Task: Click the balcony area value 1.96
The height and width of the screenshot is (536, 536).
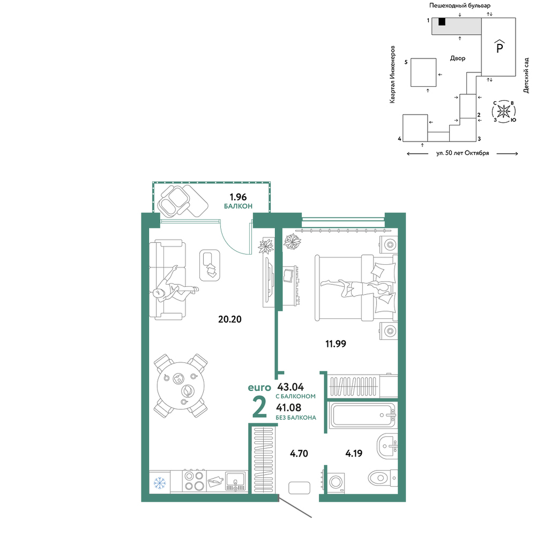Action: (x=238, y=197)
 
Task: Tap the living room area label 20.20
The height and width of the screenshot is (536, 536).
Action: (x=230, y=319)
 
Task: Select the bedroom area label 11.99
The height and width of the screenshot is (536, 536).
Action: (x=336, y=344)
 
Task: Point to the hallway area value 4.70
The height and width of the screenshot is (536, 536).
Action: (x=299, y=453)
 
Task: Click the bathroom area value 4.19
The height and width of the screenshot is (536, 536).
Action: (x=354, y=453)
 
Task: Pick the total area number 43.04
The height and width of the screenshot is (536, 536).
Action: (x=291, y=387)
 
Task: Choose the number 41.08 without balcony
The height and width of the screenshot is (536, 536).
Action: (x=289, y=407)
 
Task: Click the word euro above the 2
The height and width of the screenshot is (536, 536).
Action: (x=259, y=388)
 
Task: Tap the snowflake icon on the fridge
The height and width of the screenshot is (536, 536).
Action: (x=159, y=483)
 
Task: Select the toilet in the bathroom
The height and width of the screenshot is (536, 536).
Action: (x=383, y=477)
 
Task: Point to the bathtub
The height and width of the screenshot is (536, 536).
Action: (x=363, y=415)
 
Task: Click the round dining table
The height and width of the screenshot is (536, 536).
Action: (x=181, y=385)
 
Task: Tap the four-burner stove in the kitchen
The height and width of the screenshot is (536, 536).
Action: (x=194, y=481)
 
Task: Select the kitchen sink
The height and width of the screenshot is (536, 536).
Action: (x=235, y=481)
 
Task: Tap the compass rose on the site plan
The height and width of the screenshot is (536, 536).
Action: (x=503, y=111)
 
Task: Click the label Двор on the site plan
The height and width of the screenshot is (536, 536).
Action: (x=458, y=58)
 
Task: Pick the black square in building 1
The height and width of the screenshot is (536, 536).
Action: (x=442, y=21)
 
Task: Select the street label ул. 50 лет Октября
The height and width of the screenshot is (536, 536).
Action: (x=463, y=153)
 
